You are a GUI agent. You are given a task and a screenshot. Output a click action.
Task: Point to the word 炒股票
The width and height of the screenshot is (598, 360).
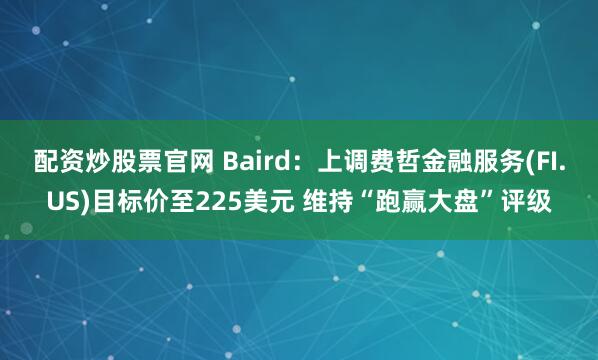pos(105,162)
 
